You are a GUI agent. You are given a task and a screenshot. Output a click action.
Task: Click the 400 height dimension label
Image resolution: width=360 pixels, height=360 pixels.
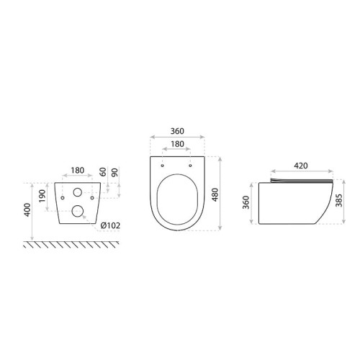tap(27, 210)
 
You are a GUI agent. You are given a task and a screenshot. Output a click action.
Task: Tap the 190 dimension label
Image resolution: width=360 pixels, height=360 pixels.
tap(42, 196)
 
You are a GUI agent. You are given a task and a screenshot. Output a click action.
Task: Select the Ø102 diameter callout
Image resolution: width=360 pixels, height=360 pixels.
tap(110, 225)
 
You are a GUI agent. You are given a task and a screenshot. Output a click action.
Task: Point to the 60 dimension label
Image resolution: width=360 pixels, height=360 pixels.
tap(103, 172)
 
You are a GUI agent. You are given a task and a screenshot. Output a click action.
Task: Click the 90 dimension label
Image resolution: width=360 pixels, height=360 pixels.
tap(115, 173)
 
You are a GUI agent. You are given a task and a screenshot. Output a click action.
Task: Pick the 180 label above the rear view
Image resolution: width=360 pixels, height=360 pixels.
tap(78, 170)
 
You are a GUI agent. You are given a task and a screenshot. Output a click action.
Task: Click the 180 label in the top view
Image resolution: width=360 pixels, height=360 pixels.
tap(177, 144)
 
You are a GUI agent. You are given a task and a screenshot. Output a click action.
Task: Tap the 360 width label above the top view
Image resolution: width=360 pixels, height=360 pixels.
tap(177, 131)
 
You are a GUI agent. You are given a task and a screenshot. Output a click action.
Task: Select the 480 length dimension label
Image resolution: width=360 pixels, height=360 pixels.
tap(215, 194)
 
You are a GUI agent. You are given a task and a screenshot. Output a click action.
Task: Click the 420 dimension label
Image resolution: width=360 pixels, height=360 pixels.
tap(301, 166)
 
